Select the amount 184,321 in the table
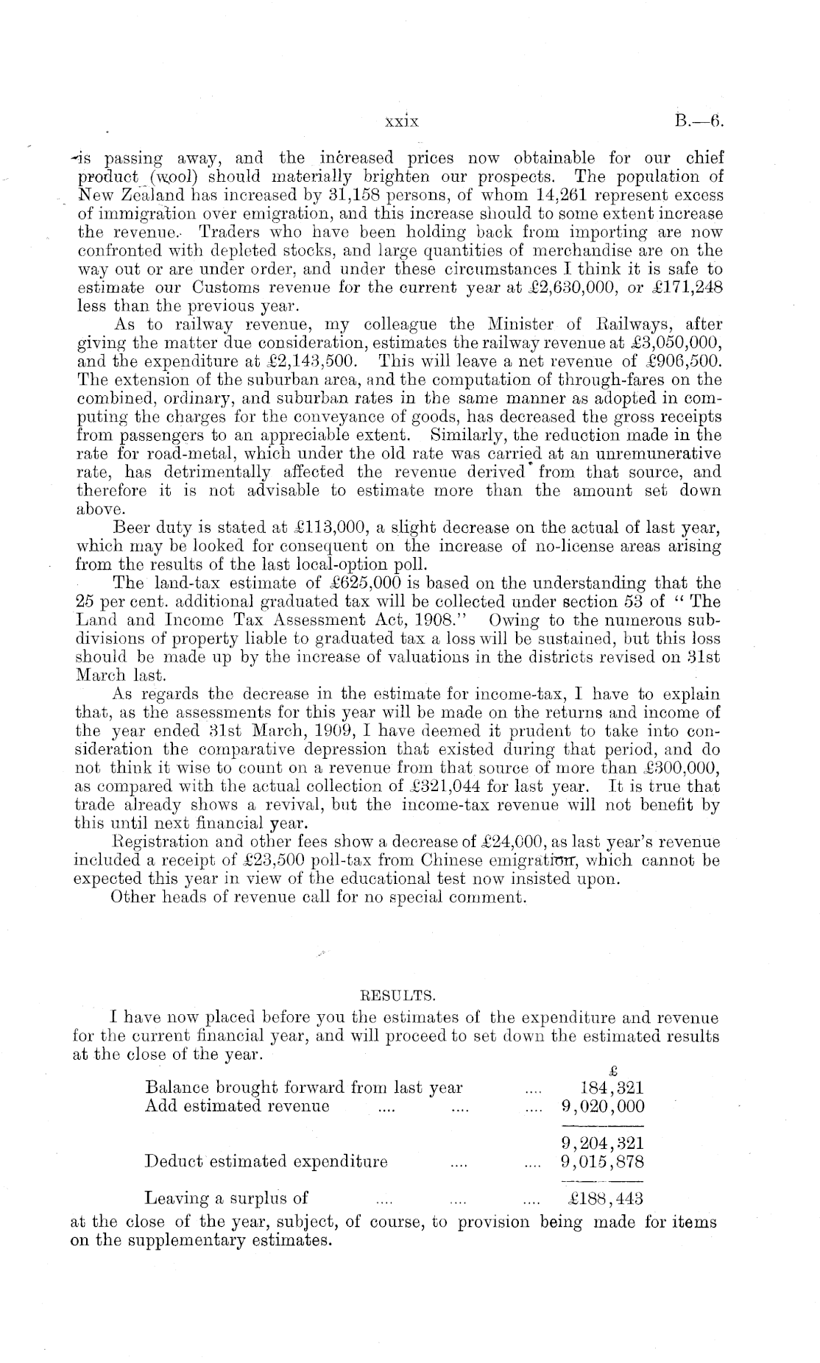tap(612, 1088)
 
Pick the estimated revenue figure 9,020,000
tap(602, 1106)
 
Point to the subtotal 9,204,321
tap(602, 1144)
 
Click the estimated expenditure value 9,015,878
tap(602, 1162)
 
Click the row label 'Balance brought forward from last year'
tap(304, 1088)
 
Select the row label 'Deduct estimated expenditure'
tap(266, 1162)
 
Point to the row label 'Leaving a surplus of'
tap(227, 1199)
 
